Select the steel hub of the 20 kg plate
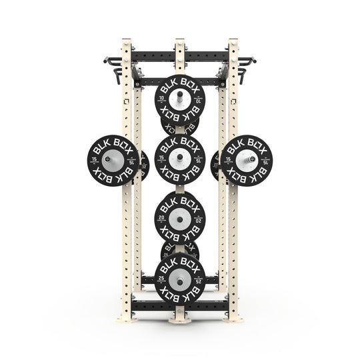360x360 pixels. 179,217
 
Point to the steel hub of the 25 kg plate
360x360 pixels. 179,277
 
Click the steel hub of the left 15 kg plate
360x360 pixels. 113,160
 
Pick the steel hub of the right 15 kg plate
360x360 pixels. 247,160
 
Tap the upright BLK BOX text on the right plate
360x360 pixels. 247,143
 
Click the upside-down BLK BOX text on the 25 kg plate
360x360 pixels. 179,294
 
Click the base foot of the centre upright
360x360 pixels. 180,319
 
